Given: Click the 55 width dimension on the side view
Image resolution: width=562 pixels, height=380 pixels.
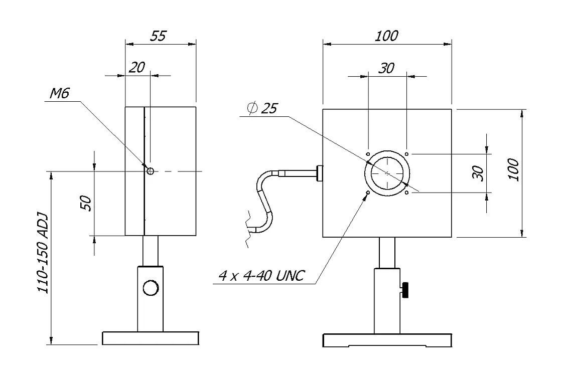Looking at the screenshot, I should (158, 36).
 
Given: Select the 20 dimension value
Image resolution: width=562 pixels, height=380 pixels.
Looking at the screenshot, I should (136, 68).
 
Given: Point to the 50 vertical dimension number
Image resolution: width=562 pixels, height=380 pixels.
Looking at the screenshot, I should (86, 203).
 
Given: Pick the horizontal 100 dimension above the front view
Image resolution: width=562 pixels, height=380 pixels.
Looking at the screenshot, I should (386, 36).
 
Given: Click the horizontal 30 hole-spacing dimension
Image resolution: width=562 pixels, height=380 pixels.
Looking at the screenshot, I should (386, 69).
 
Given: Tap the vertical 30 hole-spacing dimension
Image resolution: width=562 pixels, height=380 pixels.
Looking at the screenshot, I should (478, 172).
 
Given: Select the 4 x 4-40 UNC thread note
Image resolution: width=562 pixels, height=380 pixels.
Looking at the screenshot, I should (261, 276).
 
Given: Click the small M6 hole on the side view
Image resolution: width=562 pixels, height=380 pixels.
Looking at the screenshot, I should (150, 171).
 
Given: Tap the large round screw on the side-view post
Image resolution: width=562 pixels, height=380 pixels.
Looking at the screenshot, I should (150, 288).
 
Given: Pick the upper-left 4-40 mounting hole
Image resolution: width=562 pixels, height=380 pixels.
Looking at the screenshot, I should (368, 154).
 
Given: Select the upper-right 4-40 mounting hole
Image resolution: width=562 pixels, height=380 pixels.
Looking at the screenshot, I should (407, 154).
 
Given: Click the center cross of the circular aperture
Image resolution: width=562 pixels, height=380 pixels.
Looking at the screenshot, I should (387, 173).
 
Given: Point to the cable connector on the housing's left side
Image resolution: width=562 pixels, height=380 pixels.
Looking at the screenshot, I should (319, 173).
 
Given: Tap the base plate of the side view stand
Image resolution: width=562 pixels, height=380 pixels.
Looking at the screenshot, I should (150, 338).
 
